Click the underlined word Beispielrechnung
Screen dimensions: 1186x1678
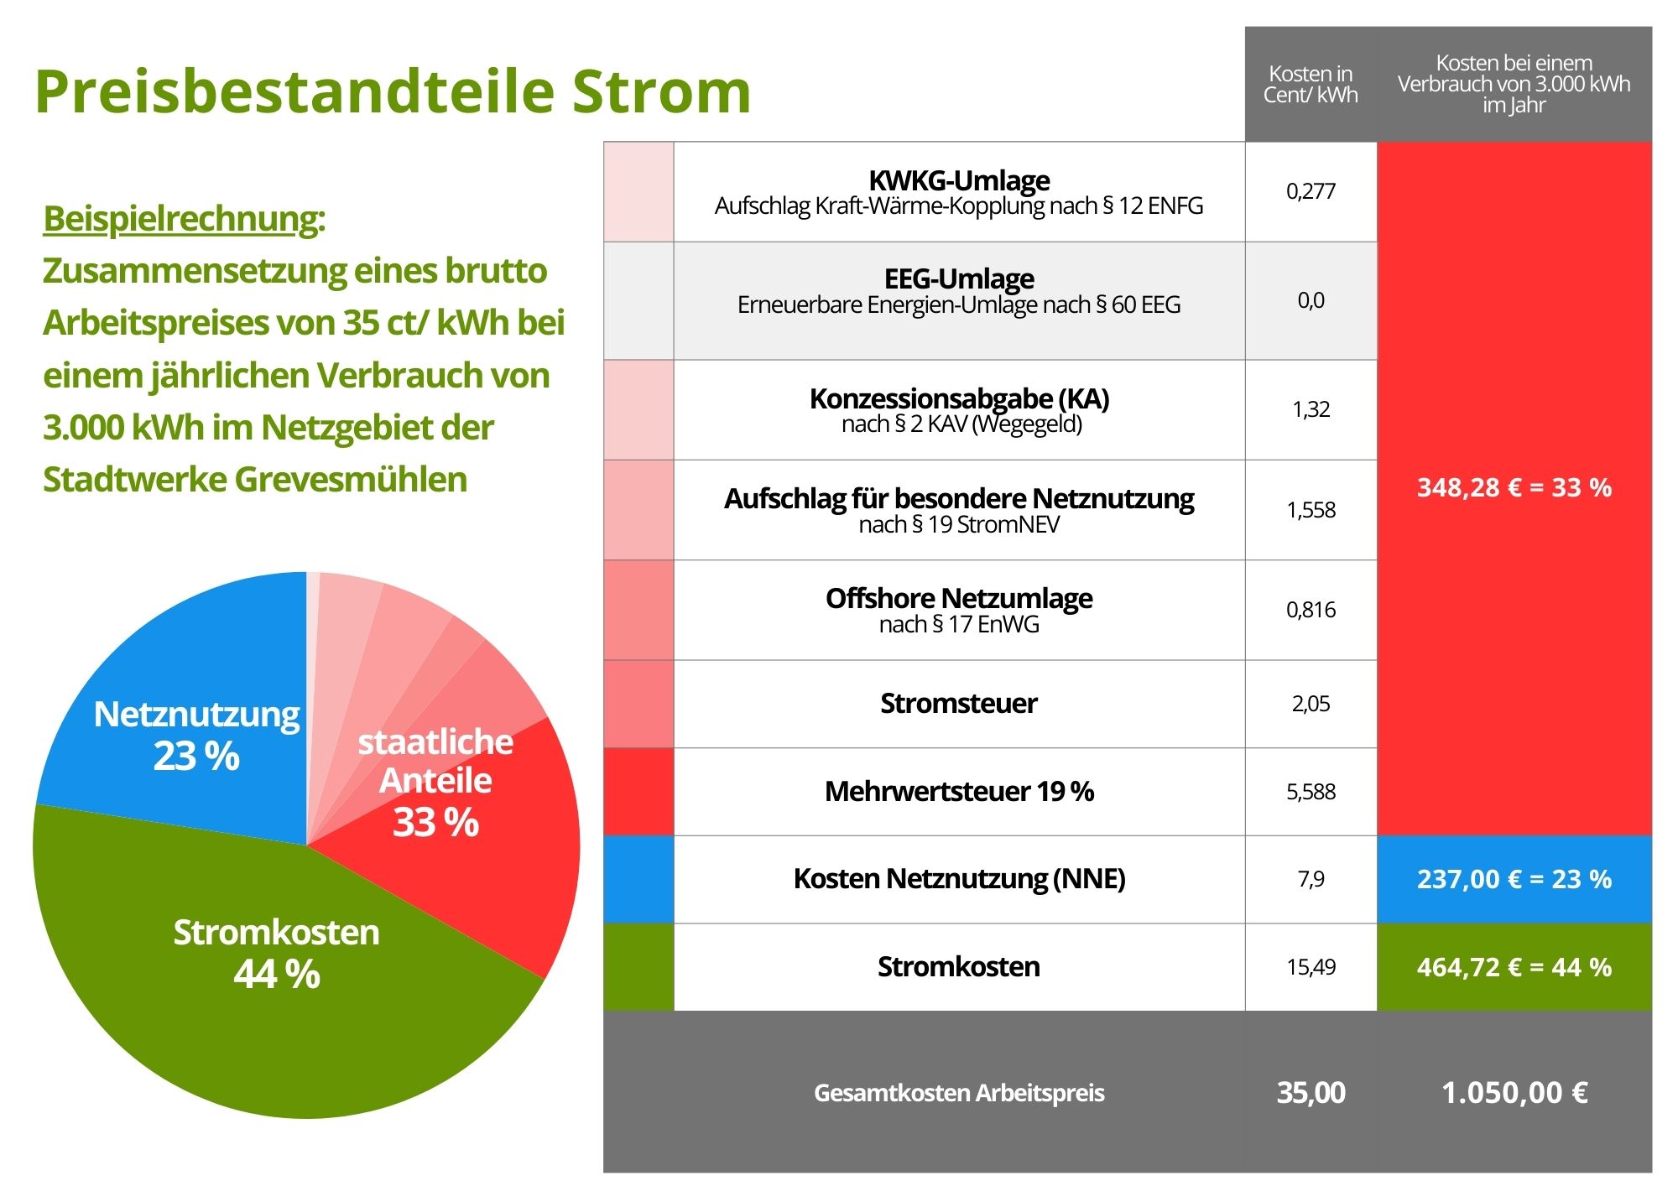(183, 219)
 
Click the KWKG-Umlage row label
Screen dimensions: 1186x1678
(959, 181)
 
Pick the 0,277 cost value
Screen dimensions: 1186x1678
(1311, 191)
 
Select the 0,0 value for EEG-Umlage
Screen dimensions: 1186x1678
(1311, 300)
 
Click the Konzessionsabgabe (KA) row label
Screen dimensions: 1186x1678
(959, 399)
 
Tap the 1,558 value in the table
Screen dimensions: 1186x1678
(1311, 510)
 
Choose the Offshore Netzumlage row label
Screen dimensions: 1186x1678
(959, 599)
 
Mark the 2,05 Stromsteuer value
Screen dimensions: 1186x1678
(1311, 704)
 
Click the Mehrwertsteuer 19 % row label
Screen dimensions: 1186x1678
(959, 791)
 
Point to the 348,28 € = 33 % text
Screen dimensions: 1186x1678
(1514, 487)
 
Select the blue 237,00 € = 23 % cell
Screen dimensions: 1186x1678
(1514, 879)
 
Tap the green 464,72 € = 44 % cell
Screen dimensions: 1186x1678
(1514, 967)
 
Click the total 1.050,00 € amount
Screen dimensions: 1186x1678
(1514, 1093)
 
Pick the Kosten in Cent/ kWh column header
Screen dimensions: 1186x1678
(1311, 85)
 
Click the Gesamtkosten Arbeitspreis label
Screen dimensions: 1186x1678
(959, 1093)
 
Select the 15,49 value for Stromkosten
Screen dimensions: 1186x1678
(1311, 967)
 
